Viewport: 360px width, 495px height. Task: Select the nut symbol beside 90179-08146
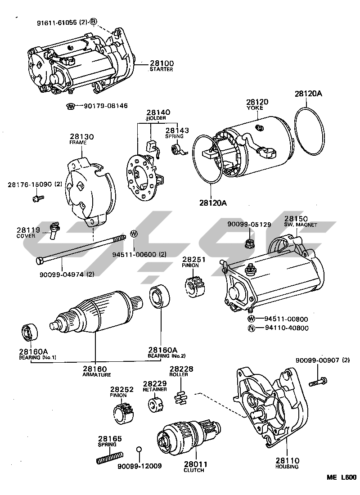(x=70, y=106)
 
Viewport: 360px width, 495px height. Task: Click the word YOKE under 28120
(x=257, y=108)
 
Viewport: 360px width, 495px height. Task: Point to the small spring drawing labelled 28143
(x=178, y=149)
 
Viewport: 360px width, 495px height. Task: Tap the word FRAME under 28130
(x=78, y=142)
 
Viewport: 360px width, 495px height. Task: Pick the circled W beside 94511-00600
(x=134, y=233)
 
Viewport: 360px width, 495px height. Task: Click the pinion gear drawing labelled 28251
(x=195, y=284)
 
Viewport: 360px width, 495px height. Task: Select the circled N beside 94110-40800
(x=252, y=328)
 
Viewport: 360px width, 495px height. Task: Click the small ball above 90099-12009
(x=139, y=449)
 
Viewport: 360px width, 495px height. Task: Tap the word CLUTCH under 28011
(x=194, y=470)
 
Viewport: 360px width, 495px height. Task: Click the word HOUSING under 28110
(x=287, y=467)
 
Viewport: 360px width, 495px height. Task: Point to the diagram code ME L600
(x=342, y=478)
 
